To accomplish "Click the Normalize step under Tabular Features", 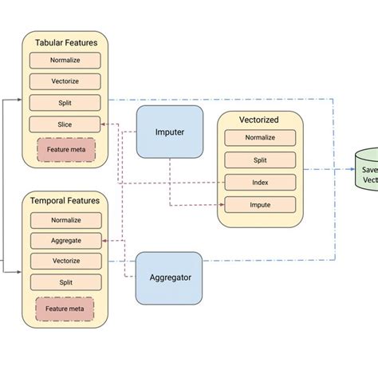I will click(65, 60).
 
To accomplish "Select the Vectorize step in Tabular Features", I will click(65, 81).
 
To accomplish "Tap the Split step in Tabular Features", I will click(65, 103).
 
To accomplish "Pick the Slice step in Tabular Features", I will click(65, 124).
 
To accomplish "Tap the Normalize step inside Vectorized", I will click(261, 138).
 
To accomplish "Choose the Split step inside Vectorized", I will click(261, 160).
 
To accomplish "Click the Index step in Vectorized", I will click(261, 182).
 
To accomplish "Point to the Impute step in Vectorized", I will click(261, 204).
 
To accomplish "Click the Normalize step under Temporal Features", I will click(65, 219).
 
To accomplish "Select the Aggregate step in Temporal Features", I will click(65, 240).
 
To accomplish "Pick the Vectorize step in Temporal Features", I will click(65, 261).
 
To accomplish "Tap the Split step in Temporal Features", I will click(65, 282).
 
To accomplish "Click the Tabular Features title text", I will click(66, 41).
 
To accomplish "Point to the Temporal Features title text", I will click(66, 201).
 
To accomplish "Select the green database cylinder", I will click(368, 169).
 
